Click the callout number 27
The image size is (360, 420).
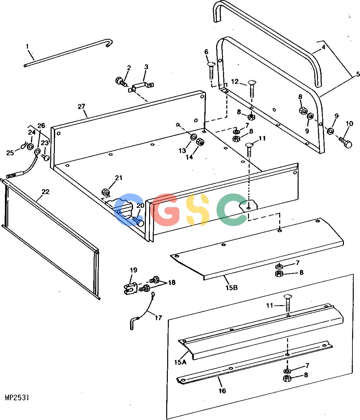(x=81, y=106)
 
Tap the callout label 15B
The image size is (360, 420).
(x=232, y=288)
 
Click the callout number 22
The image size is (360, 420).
(x=46, y=192)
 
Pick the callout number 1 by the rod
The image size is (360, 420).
(x=27, y=46)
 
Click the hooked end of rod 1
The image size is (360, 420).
(x=109, y=43)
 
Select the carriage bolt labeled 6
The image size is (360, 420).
(x=211, y=71)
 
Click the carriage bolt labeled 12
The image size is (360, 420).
(x=252, y=89)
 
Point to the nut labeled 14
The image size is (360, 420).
(x=200, y=142)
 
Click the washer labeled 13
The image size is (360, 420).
(x=193, y=137)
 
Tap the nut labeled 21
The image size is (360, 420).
(x=105, y=192)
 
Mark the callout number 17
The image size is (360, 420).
(x=158, y=318)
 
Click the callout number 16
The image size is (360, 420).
(x=222, y=391)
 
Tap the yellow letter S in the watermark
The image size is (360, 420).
(x=197, y=209)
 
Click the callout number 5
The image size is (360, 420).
(x=358, y=74)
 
